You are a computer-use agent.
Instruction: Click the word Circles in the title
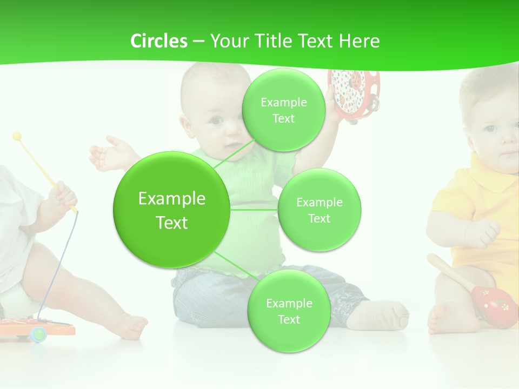click(x=158, y=41)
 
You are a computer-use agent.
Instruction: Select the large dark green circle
click(x=171, y=210)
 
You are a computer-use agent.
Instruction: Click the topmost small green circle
click(x=283, y=110)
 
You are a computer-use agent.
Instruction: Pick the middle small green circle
click(x=319, y=210)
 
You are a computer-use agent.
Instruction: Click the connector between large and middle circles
click(x=254, y=209)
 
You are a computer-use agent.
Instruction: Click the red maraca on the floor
click(x=494, y=305)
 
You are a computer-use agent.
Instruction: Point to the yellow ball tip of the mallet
click(x=17, y=136)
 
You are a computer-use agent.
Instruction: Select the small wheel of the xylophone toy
click(x=38, y=334)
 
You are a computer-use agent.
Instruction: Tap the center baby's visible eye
click(x=216, y=121)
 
